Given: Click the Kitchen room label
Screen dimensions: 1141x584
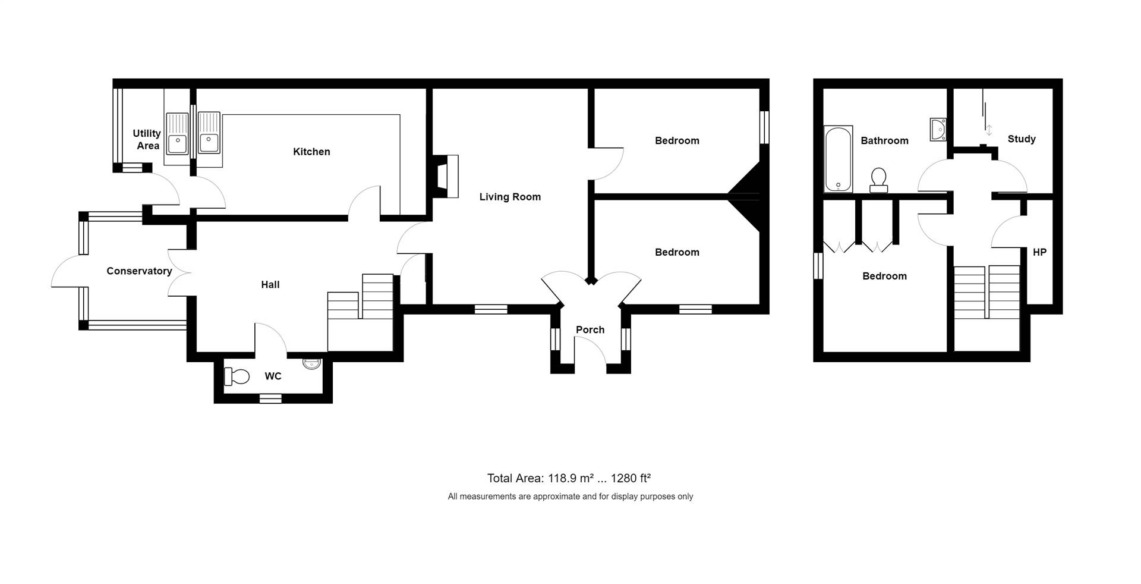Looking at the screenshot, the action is (311, 152).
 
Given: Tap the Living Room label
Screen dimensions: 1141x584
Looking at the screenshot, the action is (510, 197).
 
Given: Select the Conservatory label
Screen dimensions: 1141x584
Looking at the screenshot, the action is (139, 271).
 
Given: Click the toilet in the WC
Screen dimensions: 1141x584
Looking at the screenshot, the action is (237, 376).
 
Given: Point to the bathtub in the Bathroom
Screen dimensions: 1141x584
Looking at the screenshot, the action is (838, 159).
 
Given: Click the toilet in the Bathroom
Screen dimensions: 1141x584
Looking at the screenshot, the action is (879, 181).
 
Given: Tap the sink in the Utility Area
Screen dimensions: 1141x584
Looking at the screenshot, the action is (177, 140).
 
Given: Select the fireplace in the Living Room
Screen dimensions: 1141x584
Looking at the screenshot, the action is (446, 176).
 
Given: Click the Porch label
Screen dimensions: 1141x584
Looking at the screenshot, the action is (590, 330).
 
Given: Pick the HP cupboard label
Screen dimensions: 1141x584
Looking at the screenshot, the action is (1039, 252).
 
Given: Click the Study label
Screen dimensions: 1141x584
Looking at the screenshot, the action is (1022, 139).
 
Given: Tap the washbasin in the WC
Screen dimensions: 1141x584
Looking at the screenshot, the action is (311, 363).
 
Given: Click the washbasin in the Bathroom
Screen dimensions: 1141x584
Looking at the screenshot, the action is (938, 130).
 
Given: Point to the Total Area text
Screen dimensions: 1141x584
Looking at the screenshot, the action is (569, 478).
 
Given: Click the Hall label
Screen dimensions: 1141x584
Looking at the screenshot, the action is (270, 285).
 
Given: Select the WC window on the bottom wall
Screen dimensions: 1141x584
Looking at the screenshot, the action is (270, 399).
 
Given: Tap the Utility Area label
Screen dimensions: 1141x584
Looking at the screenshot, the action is (147, 140).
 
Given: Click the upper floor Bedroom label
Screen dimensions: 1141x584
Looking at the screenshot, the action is (884, 276).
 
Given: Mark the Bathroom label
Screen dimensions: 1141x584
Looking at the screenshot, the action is (884, 141).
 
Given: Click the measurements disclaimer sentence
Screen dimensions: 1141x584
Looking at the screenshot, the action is (570, 497).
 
